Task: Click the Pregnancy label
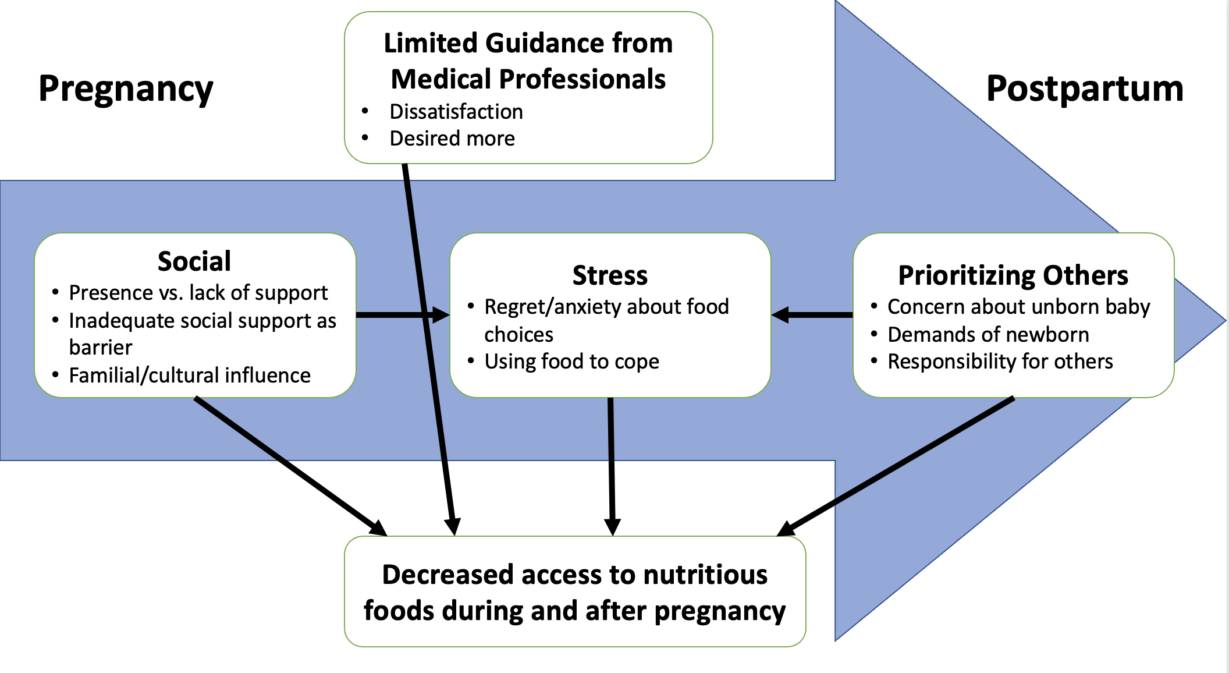click(126, 90)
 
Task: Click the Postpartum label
click(1085, 90)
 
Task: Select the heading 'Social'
click(194, 261)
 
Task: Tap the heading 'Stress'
click(610, 275)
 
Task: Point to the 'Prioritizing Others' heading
click(1013, 275)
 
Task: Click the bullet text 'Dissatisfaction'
click(456, 111)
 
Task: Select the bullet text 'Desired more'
click(452, 139)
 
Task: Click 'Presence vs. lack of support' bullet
click(198, 293)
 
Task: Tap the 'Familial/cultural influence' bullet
click(190, 376)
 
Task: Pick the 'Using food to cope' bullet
click(571, 362)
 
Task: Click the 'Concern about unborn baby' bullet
click(1018, 307)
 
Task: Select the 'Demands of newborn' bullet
click(988, 335)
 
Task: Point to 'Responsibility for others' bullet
click(1000, 362)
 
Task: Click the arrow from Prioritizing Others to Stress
click(812, 315)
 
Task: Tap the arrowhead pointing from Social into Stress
click(441, 315)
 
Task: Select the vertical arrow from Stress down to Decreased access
click(612, 466)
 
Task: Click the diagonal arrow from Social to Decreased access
click(291, 466)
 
